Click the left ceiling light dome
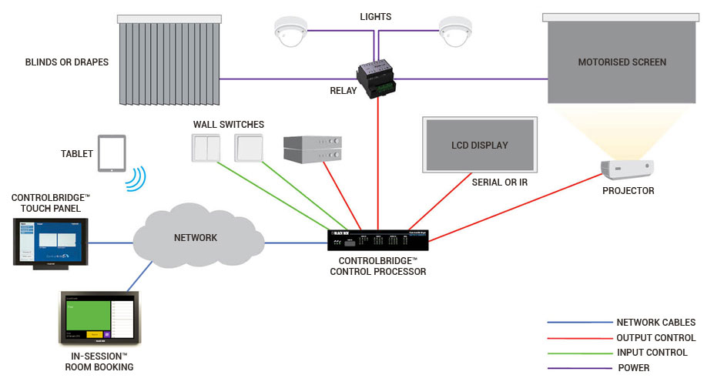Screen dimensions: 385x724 [291, 30]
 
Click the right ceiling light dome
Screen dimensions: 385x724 [454, 30]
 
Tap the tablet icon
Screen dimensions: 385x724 [111, 154]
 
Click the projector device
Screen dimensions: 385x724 [627, 169]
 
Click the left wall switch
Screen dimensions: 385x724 [207, 148]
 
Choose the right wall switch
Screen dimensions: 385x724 [249, 148]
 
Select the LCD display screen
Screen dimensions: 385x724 [479, 145]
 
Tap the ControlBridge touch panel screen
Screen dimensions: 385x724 [51, 240]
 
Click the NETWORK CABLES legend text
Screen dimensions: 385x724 [655, 323]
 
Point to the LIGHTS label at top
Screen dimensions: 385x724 [375, 16]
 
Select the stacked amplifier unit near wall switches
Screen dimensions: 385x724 [311, 149]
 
